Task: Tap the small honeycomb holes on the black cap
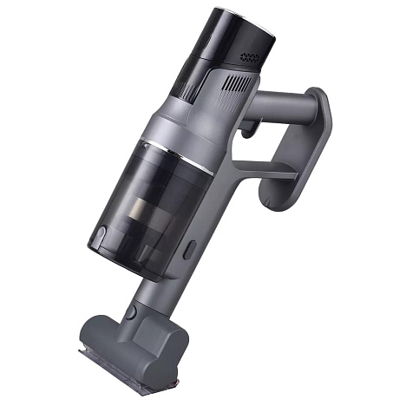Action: (x=250, y=57)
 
